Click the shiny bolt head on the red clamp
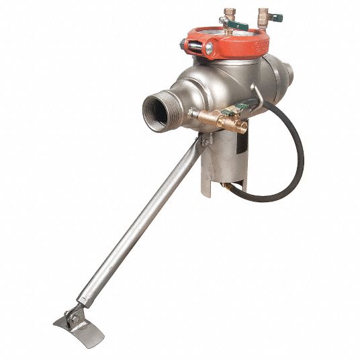coord(210,49)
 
